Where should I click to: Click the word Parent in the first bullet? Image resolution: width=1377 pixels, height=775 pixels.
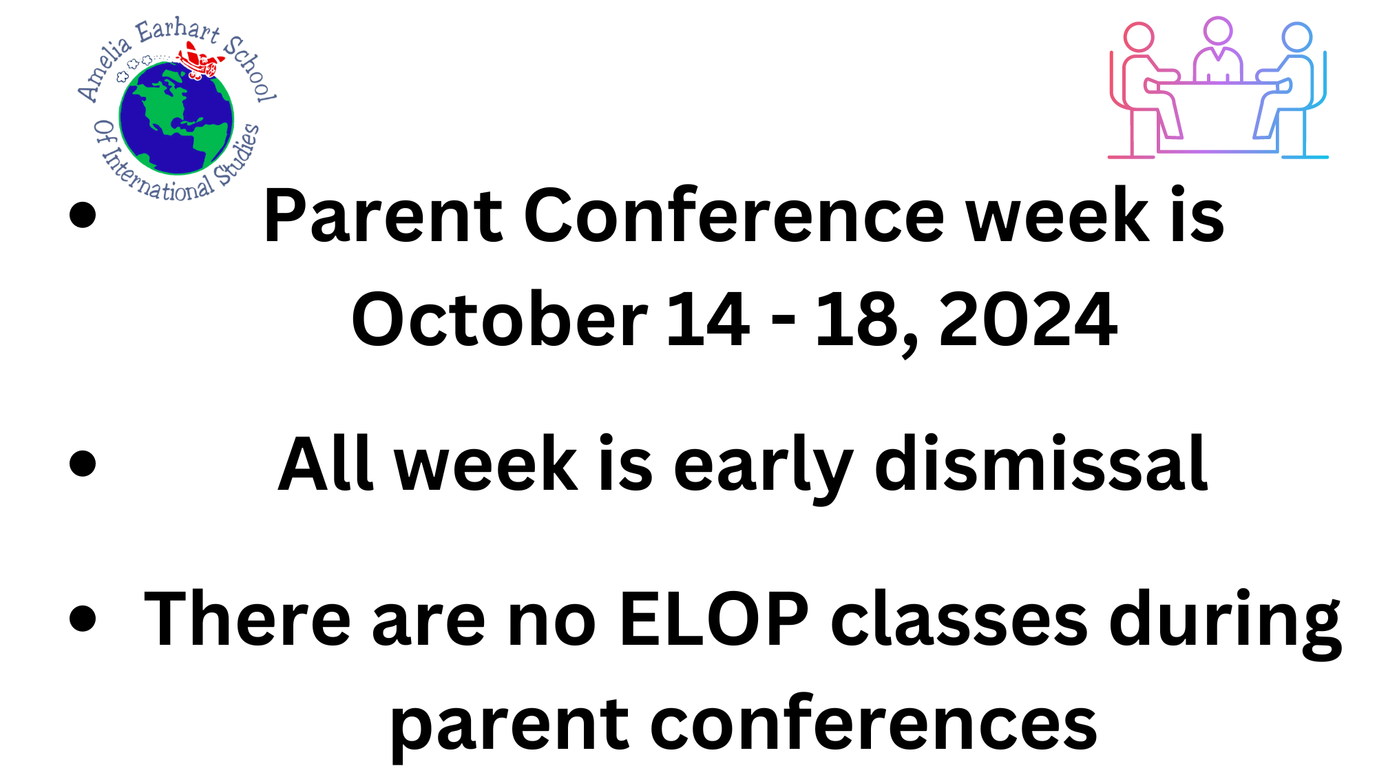click(383, 217)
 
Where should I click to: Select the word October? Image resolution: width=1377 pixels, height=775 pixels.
click(499, 320)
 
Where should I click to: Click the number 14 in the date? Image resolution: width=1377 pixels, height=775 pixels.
click(708, 320)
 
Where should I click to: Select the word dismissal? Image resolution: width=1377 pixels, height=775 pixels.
click(1040, 465)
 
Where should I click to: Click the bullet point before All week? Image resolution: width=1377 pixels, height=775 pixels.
click(83, 463)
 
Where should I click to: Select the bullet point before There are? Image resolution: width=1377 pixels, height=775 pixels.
click(83, 618)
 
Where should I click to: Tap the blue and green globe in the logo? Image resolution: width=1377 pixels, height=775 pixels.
click(176, 117)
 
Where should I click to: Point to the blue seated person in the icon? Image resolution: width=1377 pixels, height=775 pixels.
click(1287, 90)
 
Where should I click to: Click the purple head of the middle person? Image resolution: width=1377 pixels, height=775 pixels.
click(1218, 31)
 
